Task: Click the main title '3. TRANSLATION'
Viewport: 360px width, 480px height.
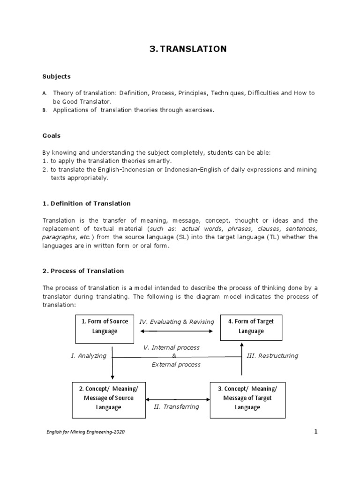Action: coord(187,49)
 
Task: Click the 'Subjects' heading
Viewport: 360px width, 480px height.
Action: coord(56,76)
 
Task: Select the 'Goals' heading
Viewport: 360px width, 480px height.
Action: coord(52,135)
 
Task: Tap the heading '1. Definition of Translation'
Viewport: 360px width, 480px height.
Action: coord(87,203)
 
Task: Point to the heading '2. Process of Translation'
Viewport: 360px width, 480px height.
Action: coord(83,271)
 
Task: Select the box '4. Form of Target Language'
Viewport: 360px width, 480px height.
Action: coord(251,326)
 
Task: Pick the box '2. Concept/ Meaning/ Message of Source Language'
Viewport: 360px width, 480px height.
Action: coord(108,398)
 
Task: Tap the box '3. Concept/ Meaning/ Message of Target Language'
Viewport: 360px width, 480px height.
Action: coord(247,398)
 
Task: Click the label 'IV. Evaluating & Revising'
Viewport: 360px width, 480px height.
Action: coord(176,322)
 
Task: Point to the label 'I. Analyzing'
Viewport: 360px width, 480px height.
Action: coord(89,356)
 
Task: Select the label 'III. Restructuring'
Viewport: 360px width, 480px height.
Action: coord(272,356)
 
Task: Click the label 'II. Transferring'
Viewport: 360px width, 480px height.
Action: coord(176,406)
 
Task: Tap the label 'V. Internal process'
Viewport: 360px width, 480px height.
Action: coord(171,347)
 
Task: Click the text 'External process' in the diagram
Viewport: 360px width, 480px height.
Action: coord(176,364)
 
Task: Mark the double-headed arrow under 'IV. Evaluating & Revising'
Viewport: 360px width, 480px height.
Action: coord(176,331)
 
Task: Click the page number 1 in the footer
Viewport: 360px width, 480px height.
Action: coord(316,432)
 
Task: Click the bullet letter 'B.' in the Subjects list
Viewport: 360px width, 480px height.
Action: coord(45,110)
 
